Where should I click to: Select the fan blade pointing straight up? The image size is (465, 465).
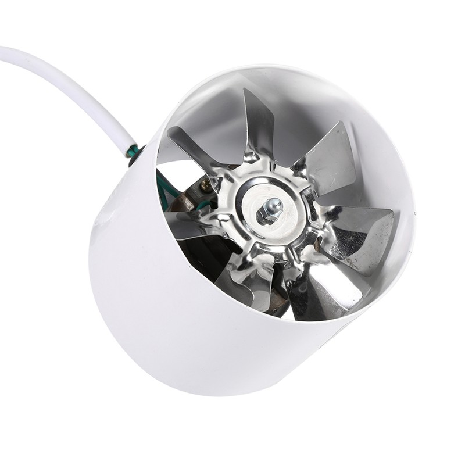tap(257, 125)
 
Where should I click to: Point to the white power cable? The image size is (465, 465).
tap(70, 81)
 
